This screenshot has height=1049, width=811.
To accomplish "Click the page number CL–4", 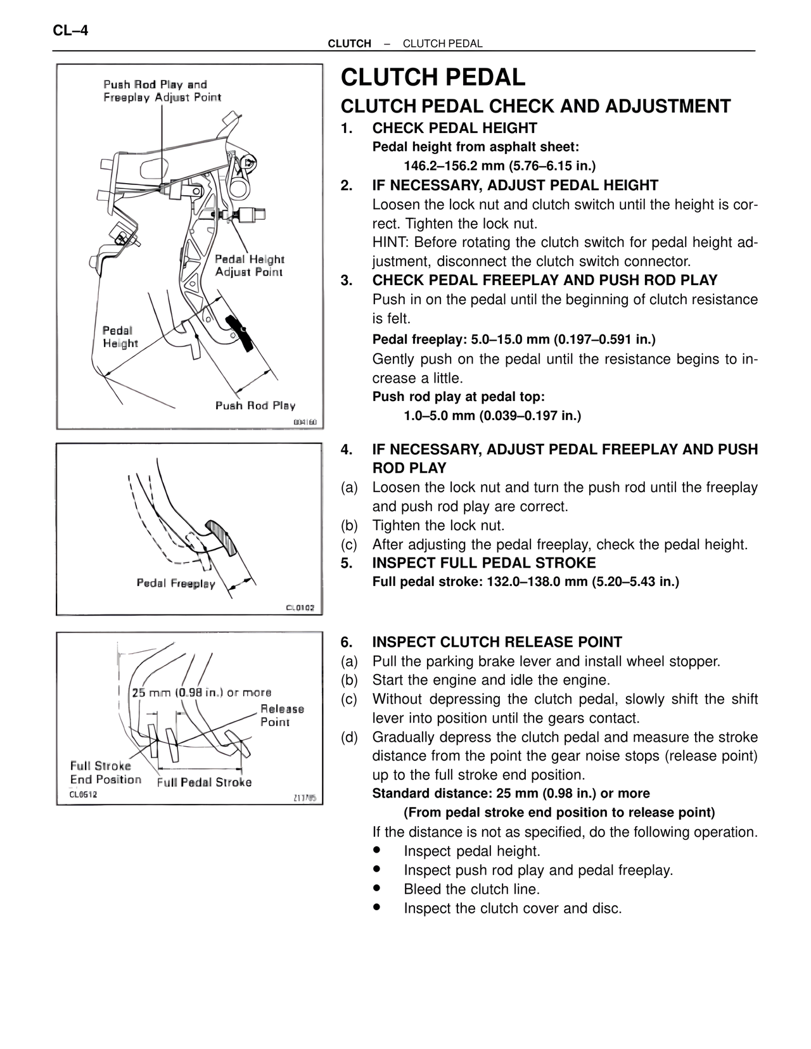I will tap(70, 30).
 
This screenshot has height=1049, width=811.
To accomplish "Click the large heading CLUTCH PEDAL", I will tap(433, 78).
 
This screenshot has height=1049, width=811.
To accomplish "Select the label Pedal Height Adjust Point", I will tap(249, 265).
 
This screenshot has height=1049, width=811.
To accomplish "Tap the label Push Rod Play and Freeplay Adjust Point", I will tap(162, 91).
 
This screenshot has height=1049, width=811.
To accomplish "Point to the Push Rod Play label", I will tap(255, 405).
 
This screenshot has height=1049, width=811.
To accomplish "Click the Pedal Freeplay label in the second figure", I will tap(176, 583).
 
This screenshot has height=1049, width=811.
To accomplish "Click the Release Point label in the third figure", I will tap(281, 715).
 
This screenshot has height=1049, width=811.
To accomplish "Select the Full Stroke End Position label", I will tap(105, 773).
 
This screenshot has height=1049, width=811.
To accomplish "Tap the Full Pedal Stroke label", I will tap(204, 782).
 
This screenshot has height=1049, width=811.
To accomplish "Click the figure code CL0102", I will tap(300, 608).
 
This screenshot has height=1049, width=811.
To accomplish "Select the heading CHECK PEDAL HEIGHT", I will tap(454, 128).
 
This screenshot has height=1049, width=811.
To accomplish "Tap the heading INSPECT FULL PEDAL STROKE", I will tap(483, 563).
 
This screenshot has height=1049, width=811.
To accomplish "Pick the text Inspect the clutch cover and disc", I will tap(513, 908).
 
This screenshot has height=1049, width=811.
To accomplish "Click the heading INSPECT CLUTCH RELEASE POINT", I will tap(497, 642).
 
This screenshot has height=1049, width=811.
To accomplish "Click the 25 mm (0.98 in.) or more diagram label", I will tap(201, 692).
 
